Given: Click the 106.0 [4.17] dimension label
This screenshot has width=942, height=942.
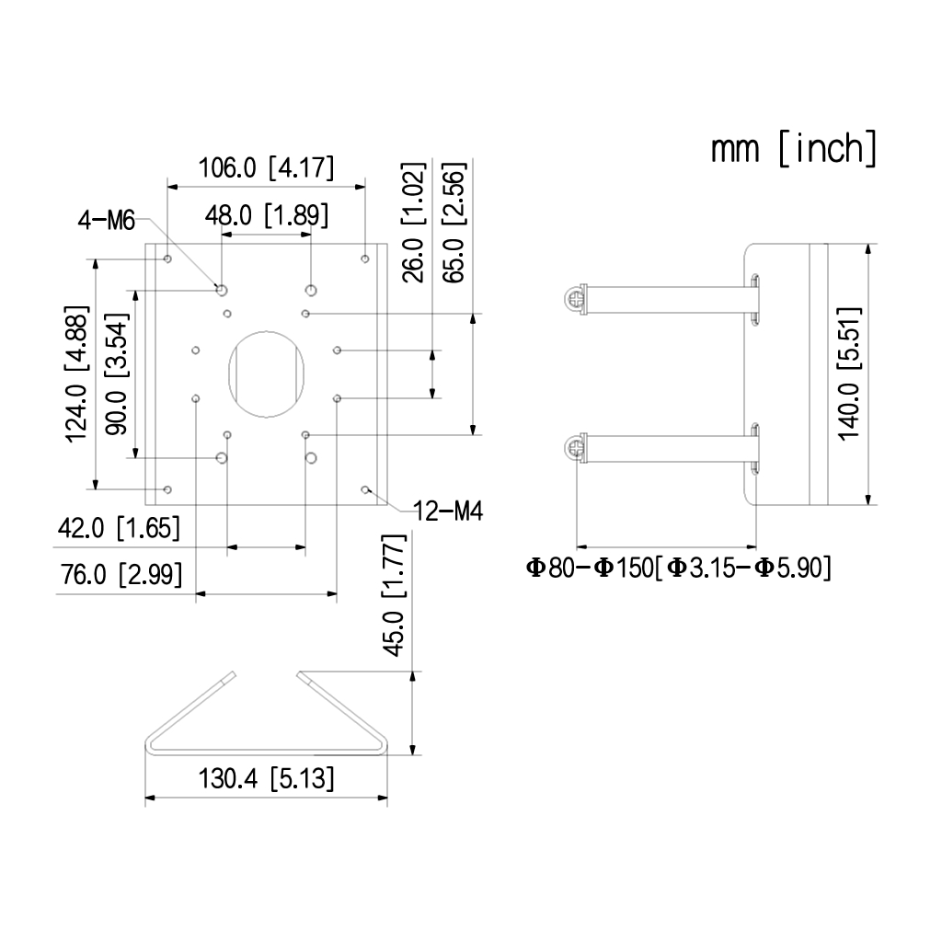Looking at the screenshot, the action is tap(266, 167).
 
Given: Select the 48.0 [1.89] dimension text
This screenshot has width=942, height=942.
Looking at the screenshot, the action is tap(267, 215).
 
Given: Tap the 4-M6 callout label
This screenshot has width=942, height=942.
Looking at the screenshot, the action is tap(107, 221).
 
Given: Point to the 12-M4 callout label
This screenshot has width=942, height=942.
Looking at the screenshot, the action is tap(448, 511).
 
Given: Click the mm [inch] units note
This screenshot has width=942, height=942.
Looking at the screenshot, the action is tap(794, 148).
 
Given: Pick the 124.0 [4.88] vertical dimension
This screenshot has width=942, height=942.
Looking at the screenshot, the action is tap(77, 374).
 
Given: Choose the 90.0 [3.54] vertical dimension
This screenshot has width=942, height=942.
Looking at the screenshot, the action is tap(117, 373).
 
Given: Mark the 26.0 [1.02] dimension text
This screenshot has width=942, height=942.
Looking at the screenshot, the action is tap(413, 223).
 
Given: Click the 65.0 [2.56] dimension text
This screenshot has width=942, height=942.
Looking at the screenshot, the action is tap(454, 223).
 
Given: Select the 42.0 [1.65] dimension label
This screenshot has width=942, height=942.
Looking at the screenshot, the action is tap(119, 528).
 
